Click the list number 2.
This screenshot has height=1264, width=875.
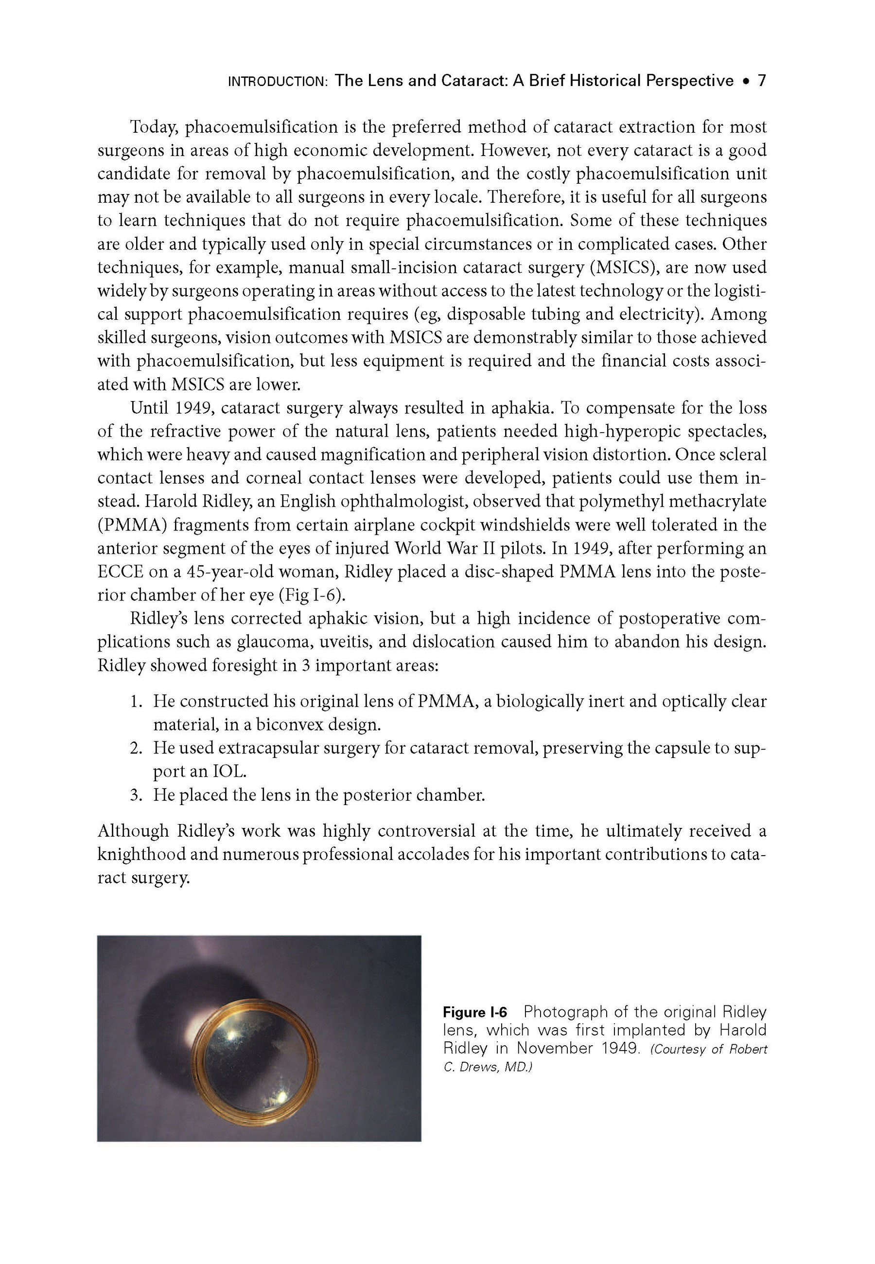point(136,748)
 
